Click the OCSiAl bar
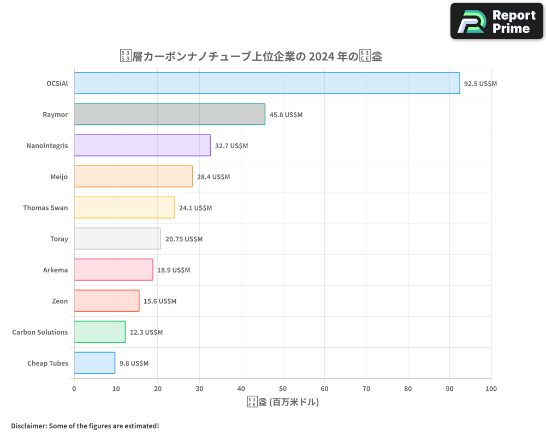[267, 83]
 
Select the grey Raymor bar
[170, 114]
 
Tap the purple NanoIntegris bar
[143, 146]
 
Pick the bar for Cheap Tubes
[94, 363]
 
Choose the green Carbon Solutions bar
[100, 332]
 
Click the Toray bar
[117, 239]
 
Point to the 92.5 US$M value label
[480, 84]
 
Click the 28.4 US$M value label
[213, 177]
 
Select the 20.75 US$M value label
[184, 239]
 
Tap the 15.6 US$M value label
[160, 301]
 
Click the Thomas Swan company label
[45, 208]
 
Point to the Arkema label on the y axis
[56, 270]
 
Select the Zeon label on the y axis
[60, 301]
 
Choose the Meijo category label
[59, 177]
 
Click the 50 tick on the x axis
[283, 389]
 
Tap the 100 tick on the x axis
[491, 389]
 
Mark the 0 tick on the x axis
[74, 389]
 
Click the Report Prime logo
[497, 21]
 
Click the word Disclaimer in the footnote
[28, 426]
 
